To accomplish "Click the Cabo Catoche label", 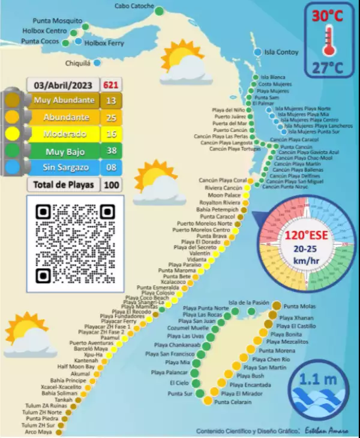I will coord(134,7).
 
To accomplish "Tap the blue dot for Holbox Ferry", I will coord(79,41).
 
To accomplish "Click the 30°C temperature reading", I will coord(327,16).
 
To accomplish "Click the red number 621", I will coord(110,85).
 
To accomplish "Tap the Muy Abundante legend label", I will coord(64,100).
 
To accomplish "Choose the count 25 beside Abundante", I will coord(110,117).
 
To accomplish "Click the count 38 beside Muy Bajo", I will coord(110,151).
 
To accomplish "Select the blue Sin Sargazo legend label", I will coord(64,168).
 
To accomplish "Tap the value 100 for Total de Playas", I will coord(110,185).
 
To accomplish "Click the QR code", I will coord(75,244).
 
